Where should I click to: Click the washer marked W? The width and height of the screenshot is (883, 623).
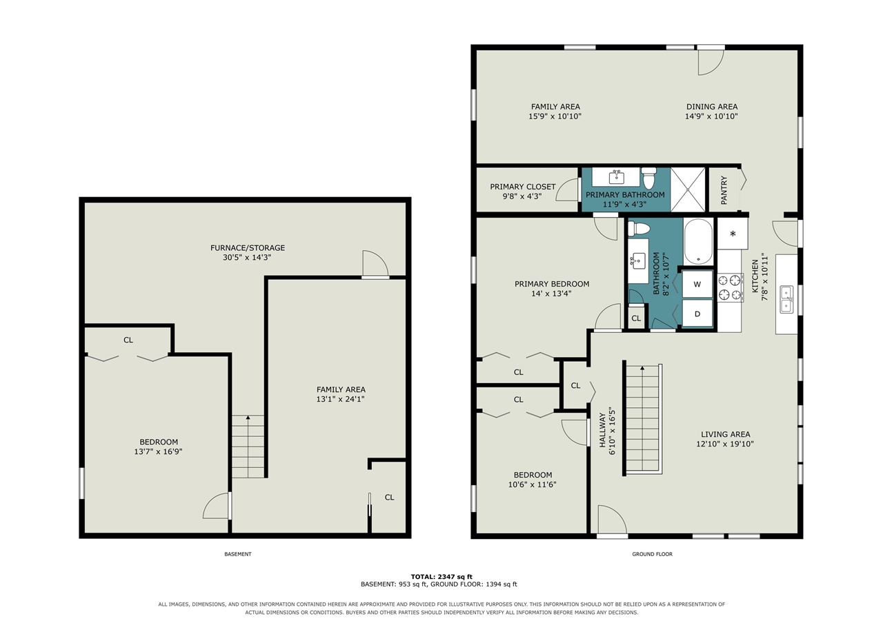697,284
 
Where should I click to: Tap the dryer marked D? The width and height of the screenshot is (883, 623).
697,314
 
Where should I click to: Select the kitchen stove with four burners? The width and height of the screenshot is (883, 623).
731,287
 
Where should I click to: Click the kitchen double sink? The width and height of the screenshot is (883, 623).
786,300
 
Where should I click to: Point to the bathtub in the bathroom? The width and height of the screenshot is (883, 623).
698,242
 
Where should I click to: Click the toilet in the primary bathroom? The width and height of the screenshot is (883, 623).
649,178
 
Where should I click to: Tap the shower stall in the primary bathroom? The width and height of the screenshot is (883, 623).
688,190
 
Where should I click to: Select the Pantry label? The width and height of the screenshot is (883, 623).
724,190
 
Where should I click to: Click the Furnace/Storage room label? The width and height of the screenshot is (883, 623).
248,247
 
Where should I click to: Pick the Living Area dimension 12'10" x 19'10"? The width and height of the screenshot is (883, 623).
725,444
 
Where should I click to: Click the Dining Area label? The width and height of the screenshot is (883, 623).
712,106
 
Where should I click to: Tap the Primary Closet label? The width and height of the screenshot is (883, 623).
523,187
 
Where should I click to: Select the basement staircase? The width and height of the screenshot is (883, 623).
248,447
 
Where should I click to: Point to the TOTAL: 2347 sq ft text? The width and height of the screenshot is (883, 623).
441,577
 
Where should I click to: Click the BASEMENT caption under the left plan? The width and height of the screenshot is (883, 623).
238,554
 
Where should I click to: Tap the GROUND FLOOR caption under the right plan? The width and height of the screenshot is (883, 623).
653,554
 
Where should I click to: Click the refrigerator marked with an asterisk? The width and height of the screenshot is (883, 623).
733,234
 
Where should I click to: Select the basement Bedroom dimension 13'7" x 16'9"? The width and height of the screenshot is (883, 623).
158,451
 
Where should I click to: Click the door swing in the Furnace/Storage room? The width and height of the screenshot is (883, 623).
375,263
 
